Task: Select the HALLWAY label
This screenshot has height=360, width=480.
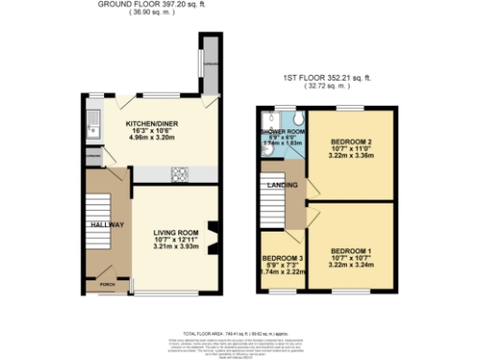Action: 108,226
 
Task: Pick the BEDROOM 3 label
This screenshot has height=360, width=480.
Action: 281,257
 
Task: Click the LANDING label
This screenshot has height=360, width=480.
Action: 284,185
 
